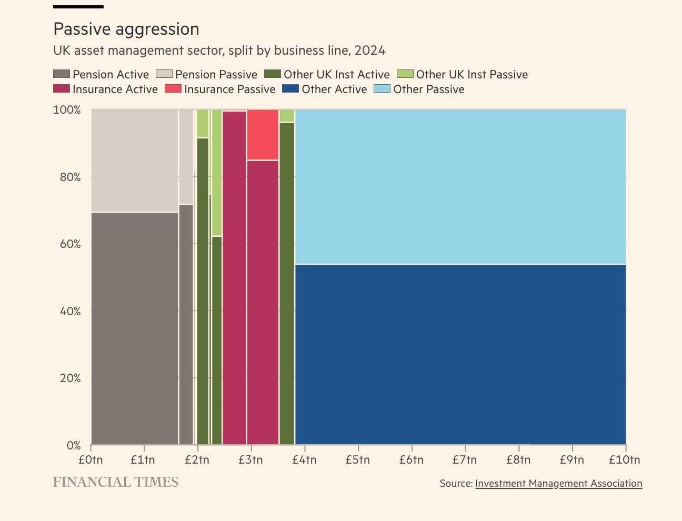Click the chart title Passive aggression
(x=126, y=29)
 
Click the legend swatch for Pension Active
(x=62, y=74)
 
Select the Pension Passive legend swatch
(x=164, y=74)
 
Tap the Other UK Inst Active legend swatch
(x=273, y=74)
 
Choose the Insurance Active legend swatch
(x=62, y=89)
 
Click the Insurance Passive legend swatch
(x=173, y=89)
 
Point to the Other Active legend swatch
(x=290, y=89)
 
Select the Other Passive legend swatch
(x=382, y=89)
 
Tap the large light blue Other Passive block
(x=460, y=187)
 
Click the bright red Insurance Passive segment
(x=263, y=135)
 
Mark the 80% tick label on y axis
(x=71, y=177)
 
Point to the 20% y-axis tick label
(x=71, y=378)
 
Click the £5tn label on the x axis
(x=358, y=460)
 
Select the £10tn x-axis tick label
(x=625, y=460)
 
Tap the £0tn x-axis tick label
(x=91, y=460)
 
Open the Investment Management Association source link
(x=558, y=483)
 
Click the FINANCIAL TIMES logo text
(x=116, y=482)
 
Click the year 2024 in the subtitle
(x=370, y=51)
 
